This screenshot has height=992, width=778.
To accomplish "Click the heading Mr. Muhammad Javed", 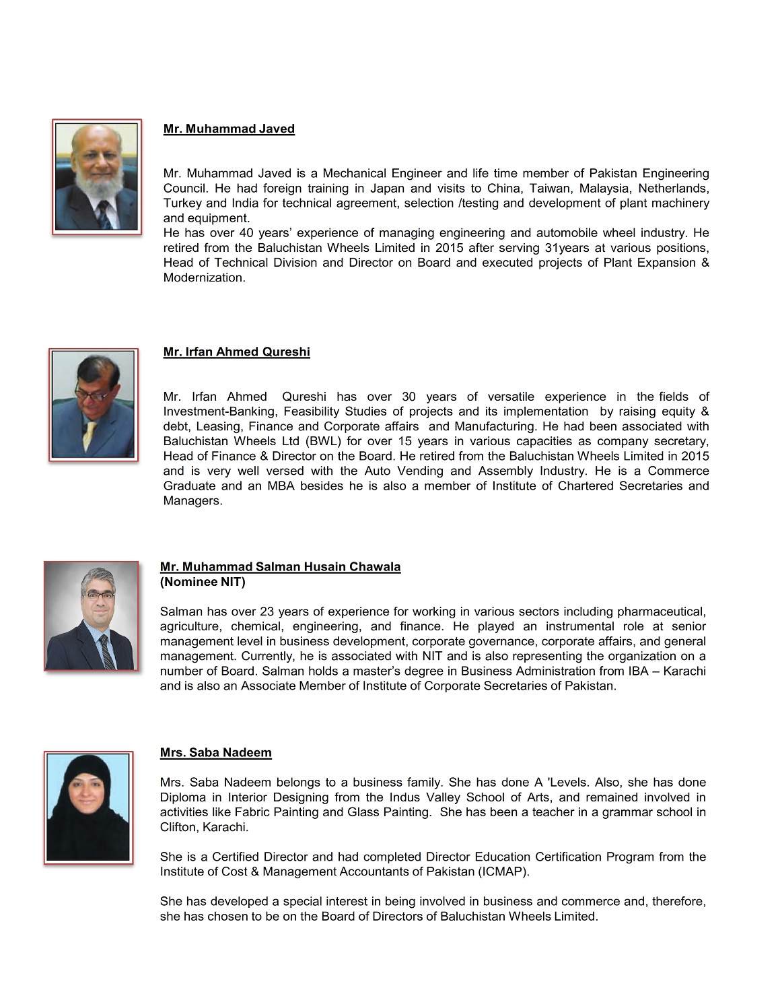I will click(x=229, y=129).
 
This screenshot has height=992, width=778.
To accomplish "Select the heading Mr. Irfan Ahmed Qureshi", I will click(x=236, y=352).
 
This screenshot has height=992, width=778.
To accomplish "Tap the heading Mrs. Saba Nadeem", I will click(x=215, y=752).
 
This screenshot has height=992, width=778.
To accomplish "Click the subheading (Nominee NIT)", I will click(x=203, y=581).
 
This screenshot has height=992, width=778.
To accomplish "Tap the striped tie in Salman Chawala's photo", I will click(x=106, y=650).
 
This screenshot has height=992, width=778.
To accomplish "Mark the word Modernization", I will click(x=204, y=277).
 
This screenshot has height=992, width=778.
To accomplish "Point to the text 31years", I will click(x=567, y=247).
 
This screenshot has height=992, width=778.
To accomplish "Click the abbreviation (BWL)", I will click(x=323, y=441).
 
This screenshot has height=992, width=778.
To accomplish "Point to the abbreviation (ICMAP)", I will click(x=504, y=871).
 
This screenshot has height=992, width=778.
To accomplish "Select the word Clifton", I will click(x=178, y=827).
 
